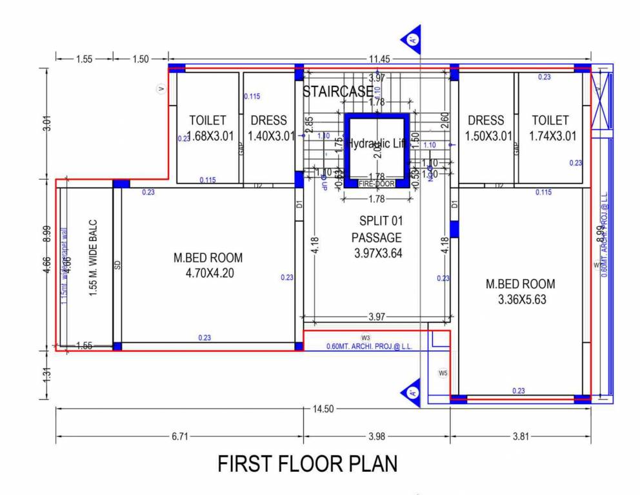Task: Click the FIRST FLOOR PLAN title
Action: pyautogui.click(x=307, y=463)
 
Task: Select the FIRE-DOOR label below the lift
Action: pyautogui.click(x=376, y=184)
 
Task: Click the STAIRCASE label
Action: pyautogui.click(x=337, y=92)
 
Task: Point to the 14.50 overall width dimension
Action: pyautogui.click(x=321, y=409)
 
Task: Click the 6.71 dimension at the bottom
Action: pyautogui.click(x=179, y=436)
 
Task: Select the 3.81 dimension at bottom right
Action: pyautogui.click(x=520, y=436)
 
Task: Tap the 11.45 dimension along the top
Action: pyautogui.click(x=381, y=59)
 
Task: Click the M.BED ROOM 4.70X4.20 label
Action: pyautogui.click(x=208, y=265)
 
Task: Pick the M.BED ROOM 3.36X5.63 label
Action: pyautogui.click(x=520, y=291)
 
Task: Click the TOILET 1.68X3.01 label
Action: pyautogui.click(x=208, y=128)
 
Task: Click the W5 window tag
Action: pyautogui.click(x=443, y=373)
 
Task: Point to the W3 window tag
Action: pyautogui.click(x=366, y=338)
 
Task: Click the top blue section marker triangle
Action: pyautogui.click(x=411, y=39)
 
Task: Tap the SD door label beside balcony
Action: pyautogui.click(x=117, y=265)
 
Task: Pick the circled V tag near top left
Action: pyautogui.click(x=161, y=89)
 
